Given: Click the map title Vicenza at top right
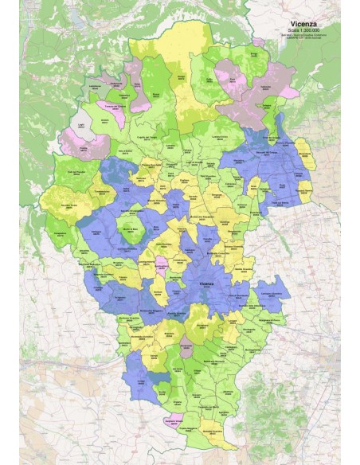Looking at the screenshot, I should tap(307, 25).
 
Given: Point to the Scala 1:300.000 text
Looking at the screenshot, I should tap(307, 31).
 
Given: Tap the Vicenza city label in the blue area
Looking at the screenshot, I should tap(206, 284).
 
